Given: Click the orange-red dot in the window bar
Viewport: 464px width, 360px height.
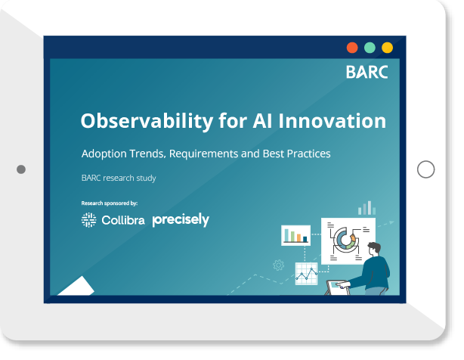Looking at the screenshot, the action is click(x=352, y=48).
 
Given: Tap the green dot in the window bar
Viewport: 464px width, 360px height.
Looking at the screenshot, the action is click(x=370, y=48).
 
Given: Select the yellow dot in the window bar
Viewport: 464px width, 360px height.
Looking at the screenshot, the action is click(x=387, y=48).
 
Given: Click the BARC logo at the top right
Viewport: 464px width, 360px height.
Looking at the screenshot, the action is click(x=367, y=72).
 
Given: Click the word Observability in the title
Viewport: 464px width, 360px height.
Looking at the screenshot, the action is click(x=147, y=121).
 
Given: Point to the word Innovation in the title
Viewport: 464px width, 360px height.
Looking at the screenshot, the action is click(x=332, y=121).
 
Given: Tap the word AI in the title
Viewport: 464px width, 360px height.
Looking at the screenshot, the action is click(x=262, y=121).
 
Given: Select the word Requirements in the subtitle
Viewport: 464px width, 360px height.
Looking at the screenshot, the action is click(x=203, y=154).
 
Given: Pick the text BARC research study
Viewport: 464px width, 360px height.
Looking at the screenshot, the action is click(x=119, y=178).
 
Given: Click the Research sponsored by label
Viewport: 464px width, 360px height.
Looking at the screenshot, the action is click(x=110, y=203).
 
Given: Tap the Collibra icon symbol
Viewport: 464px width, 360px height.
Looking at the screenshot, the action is click(x=88, y=220).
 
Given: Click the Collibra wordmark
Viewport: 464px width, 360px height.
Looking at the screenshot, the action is click(x=123, y=220).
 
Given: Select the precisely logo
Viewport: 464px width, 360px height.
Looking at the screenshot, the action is click(x=181, y=219).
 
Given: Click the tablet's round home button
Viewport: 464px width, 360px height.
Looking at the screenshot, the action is click(x=425, y=169).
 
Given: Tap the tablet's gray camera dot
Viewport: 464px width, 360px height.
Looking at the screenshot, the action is click(x=21, y=169).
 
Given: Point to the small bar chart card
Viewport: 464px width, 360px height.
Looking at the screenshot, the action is click(x=295, y=235).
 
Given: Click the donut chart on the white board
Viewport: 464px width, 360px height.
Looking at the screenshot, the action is click(x=344, y=240).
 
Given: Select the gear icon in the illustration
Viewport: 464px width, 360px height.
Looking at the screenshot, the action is click(x=278, y=265).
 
